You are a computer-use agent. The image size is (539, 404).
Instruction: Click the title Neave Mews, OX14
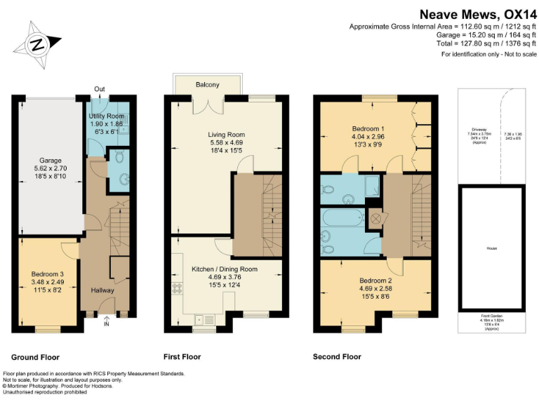478,13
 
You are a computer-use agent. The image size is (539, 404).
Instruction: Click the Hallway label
102,290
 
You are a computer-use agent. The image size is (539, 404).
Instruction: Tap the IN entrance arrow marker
107,322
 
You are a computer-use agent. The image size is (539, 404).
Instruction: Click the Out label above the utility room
100,89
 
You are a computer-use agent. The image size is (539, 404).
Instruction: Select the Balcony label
207,85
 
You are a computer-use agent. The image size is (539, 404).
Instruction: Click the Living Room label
225,135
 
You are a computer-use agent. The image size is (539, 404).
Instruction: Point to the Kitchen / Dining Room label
225,269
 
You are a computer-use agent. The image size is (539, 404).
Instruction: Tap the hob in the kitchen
175,288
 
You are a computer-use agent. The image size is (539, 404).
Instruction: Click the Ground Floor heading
35,357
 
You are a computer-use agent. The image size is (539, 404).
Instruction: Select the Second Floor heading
337,357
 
